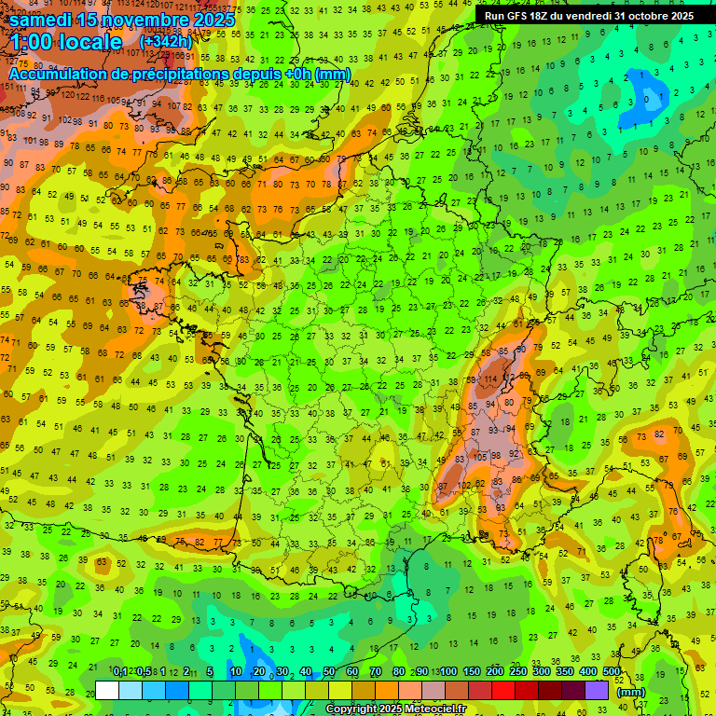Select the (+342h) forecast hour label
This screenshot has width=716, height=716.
click(166, 41)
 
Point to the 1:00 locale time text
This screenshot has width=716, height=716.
click(67, 42)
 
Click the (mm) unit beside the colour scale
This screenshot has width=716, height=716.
click(631, 692)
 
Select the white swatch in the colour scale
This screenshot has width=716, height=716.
click(107, 690)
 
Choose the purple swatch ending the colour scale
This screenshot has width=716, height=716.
click(597, 690)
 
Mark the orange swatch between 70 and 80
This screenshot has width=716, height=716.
click(387, 690)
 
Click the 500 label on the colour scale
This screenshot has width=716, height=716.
click(612, 671)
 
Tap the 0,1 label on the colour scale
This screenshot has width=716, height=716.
click(120, 671)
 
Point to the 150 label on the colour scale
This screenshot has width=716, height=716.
click(472, 671)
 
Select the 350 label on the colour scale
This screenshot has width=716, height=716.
click(565, 671)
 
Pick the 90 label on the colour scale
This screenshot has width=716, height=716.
click(421, 671)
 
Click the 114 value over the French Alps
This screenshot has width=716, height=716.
click(488, 379)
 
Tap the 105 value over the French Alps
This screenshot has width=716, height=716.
click(480, 457)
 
